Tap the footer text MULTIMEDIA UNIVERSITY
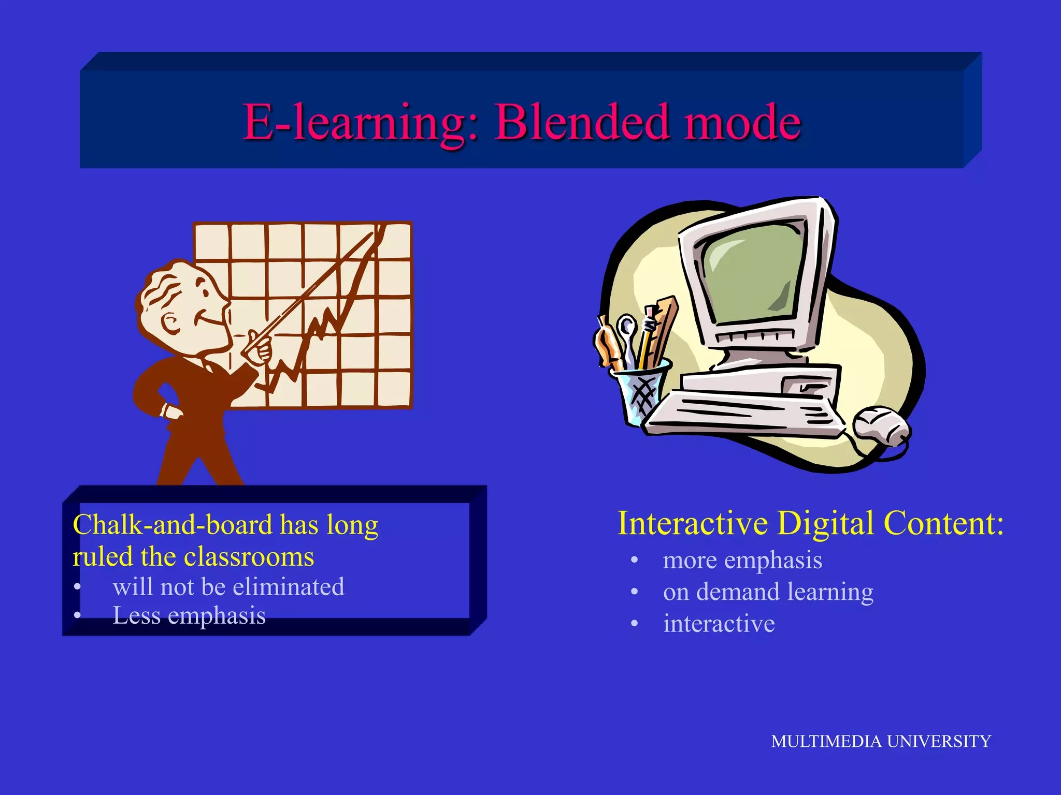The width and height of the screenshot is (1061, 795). (880, 741)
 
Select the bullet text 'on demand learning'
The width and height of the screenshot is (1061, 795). (768, 592)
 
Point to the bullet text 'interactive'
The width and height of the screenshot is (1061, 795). (719, 623)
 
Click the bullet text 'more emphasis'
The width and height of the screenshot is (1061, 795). (742, 560)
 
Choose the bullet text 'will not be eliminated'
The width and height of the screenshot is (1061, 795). (228, 587)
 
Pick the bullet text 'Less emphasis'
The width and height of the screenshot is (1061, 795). (189, 615)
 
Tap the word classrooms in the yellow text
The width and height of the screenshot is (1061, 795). (249, 557)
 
